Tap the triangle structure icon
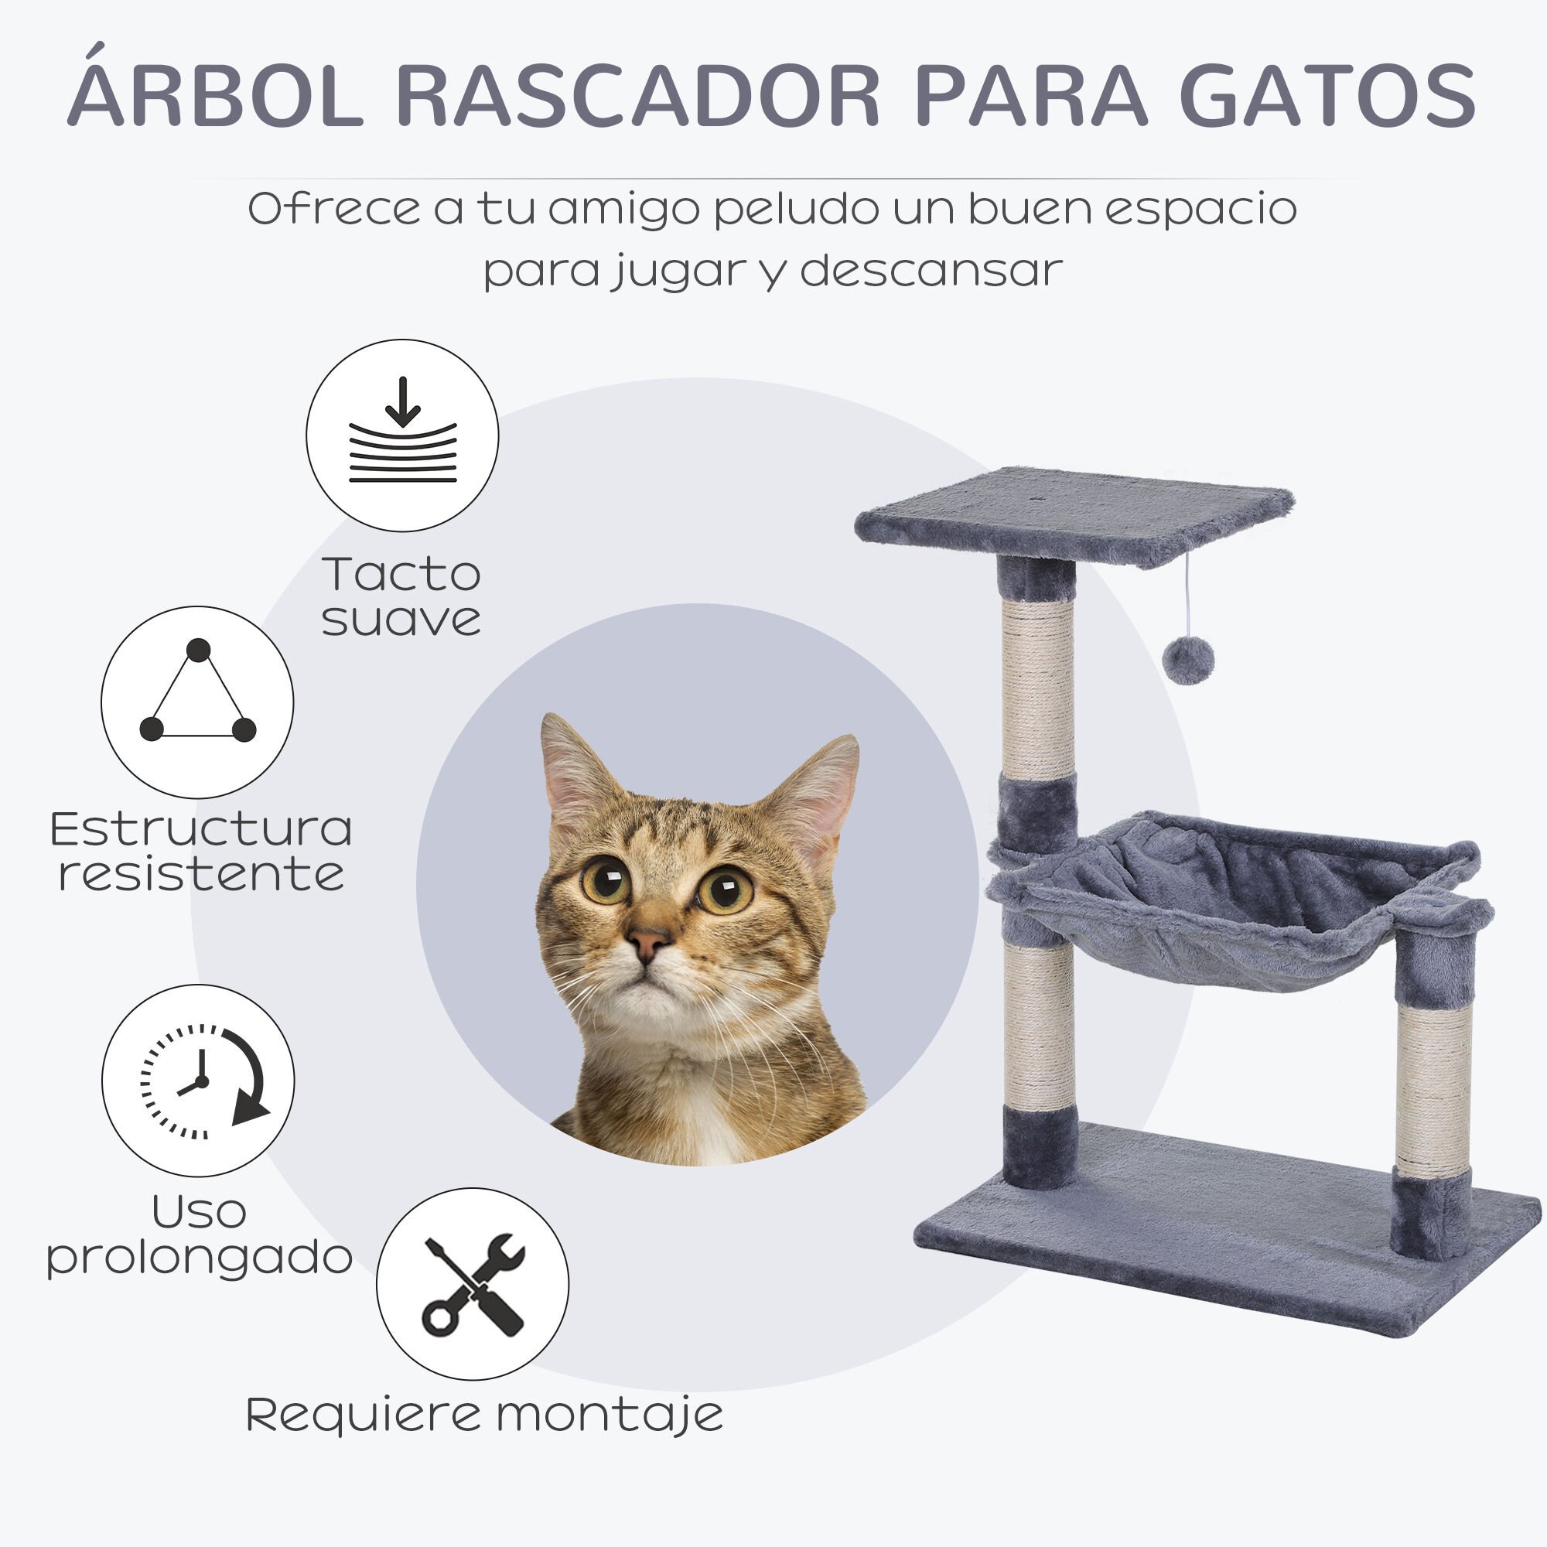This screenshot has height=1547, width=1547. (x=197, y=702)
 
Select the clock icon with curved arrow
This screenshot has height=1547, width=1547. (x=199, y=1080)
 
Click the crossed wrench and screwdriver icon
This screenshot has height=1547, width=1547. (x=473, y=1283)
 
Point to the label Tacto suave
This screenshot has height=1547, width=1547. (x=401, y=596)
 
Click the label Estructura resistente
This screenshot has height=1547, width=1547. (x=201, y=851)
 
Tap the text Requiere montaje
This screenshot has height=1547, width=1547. (x=484, y=1415)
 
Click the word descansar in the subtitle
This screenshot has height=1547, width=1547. (x=931, y=271)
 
